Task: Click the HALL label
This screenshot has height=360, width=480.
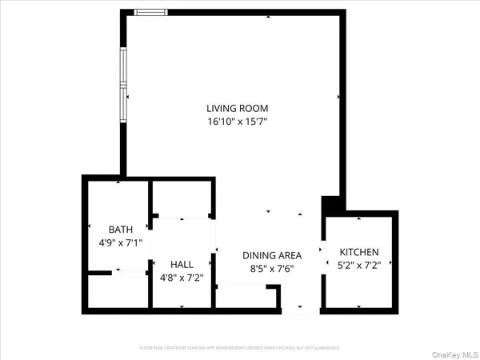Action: [182, 264]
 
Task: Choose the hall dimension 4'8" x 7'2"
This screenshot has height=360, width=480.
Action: [182, 278]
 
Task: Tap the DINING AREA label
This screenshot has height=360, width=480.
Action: [270, 255]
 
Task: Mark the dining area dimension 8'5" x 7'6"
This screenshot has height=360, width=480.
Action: [270, 269]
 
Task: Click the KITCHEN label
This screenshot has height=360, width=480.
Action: [359, 252]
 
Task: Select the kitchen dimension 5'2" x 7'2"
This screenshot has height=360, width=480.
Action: [359, 266]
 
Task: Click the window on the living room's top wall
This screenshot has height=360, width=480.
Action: [150, 12]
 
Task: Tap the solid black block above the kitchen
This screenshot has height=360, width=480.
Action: [330, 205]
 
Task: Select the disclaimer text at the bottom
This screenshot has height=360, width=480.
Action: [240, 348]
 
